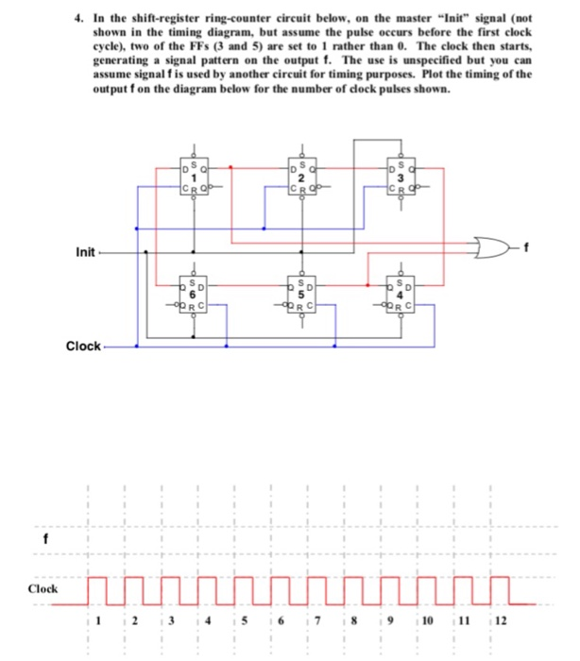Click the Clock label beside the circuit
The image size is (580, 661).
click(83, 346)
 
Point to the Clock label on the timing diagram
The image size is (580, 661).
click(43, 588)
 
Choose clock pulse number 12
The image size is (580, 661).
click(500, 587)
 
